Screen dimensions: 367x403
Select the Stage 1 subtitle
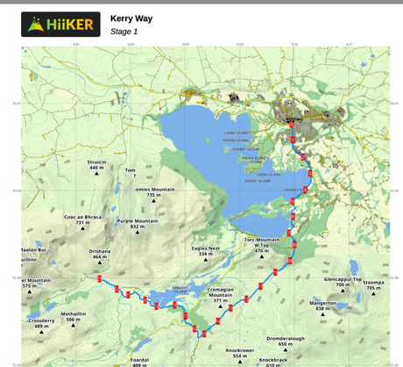(x=124, y=32)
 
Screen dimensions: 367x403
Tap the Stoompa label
(x=374, y=284)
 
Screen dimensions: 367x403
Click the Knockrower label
(x=240, y=352)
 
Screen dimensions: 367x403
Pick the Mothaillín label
(x=74, y=317)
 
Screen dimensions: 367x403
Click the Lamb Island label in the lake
(x=236, y=133)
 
